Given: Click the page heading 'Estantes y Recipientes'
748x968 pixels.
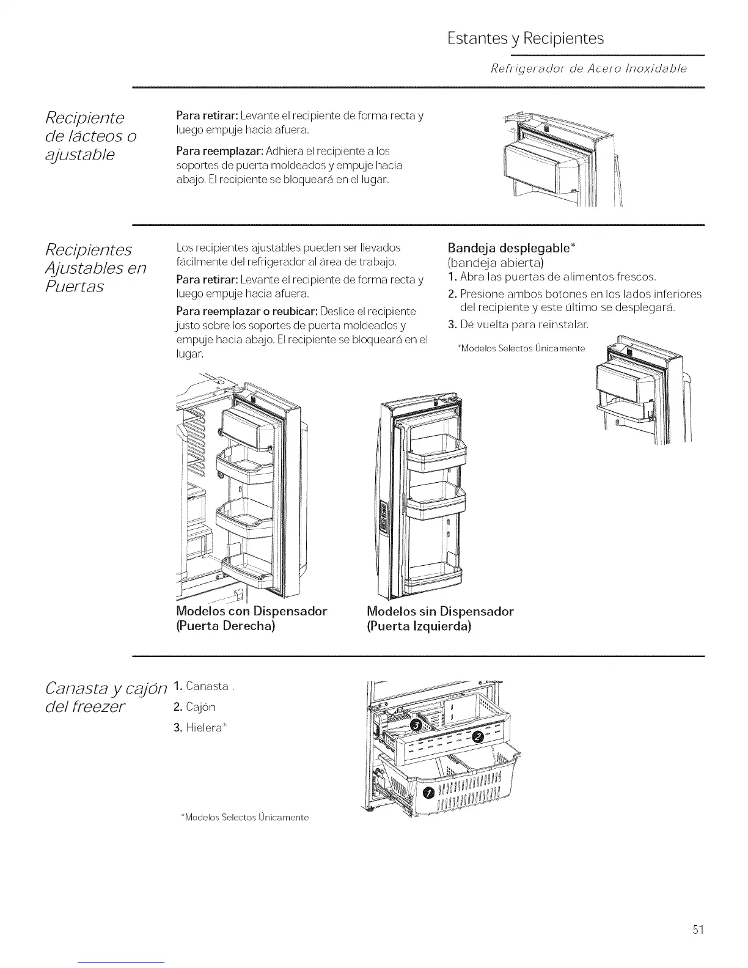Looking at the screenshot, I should tap(525, 39).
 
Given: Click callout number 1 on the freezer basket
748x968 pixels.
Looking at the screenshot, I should tap(428, 793).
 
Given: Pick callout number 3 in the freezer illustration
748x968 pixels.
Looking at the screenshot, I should tap(416, 725).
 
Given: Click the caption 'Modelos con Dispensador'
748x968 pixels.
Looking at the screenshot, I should tap(251, 611).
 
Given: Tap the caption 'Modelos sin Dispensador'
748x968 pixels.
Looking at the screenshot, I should tap(440, 611).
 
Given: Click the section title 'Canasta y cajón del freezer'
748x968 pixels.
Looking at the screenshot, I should tap(105, 697).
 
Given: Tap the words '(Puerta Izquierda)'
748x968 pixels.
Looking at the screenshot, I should tap(419, 626).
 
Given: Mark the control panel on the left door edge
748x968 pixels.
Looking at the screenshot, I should tap(384, 516).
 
